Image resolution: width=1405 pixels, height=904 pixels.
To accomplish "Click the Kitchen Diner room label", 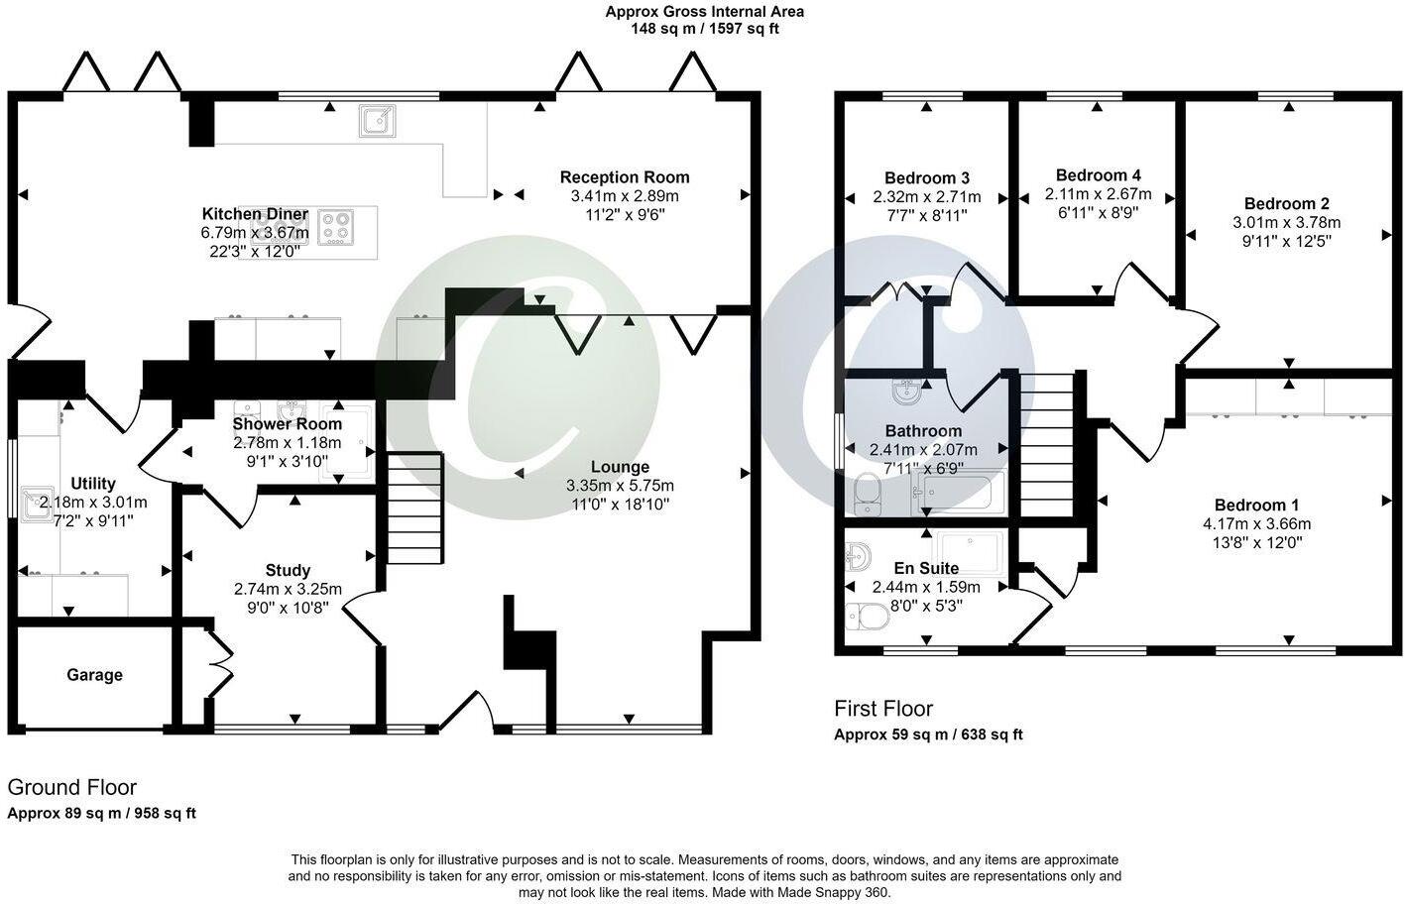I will click(x=255, y=214).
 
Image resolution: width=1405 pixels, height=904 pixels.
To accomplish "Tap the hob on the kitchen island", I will click(x=336, y=227).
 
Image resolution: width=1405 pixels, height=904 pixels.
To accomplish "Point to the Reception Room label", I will click(x=625, y=177).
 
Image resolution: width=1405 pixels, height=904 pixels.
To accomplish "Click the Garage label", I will click(x=95, y=675).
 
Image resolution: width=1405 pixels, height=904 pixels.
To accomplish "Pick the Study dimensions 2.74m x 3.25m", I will click(x=288, y=589).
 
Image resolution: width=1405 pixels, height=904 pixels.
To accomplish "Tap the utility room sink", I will click(x=41, y=503).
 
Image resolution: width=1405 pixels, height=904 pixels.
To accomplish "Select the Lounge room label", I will click(x=620, y=467).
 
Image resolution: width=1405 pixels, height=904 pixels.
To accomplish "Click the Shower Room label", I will click(x=287, y=424).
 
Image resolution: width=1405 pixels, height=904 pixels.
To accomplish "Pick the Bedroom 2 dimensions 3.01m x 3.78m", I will click(x=1286, y=222).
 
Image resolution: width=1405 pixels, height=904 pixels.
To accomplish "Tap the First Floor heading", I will click(x=882, y=709).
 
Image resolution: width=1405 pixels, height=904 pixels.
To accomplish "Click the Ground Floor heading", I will click(x=71, y=787).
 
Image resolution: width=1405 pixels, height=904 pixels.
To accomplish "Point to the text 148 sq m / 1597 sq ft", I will click(x=704, y=29).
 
